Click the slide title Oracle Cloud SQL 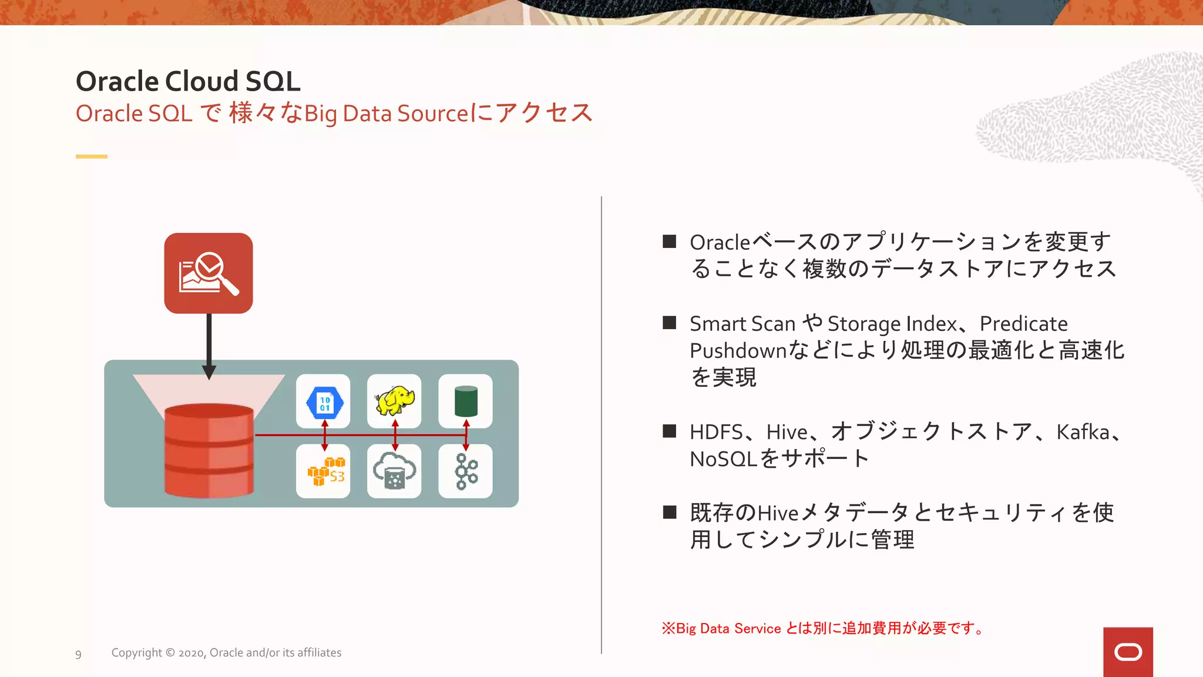point(188,81)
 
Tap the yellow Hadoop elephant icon point(394,401)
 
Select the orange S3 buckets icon point(324,471)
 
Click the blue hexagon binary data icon point(324,402)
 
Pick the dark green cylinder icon point(466,401)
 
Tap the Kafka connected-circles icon point(466,471)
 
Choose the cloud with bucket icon point(394,471)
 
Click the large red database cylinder point(209,450)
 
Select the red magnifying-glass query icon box point(209,273)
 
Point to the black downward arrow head point(209,372)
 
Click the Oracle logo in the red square point(1128,652)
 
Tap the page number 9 point(78,654)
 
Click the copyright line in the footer point(226,653)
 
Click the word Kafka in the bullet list point(1083,432)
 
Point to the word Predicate point(1023,324)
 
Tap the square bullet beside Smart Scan point(670,323)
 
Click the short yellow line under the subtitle point(92,156)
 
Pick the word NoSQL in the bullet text point(723,459)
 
